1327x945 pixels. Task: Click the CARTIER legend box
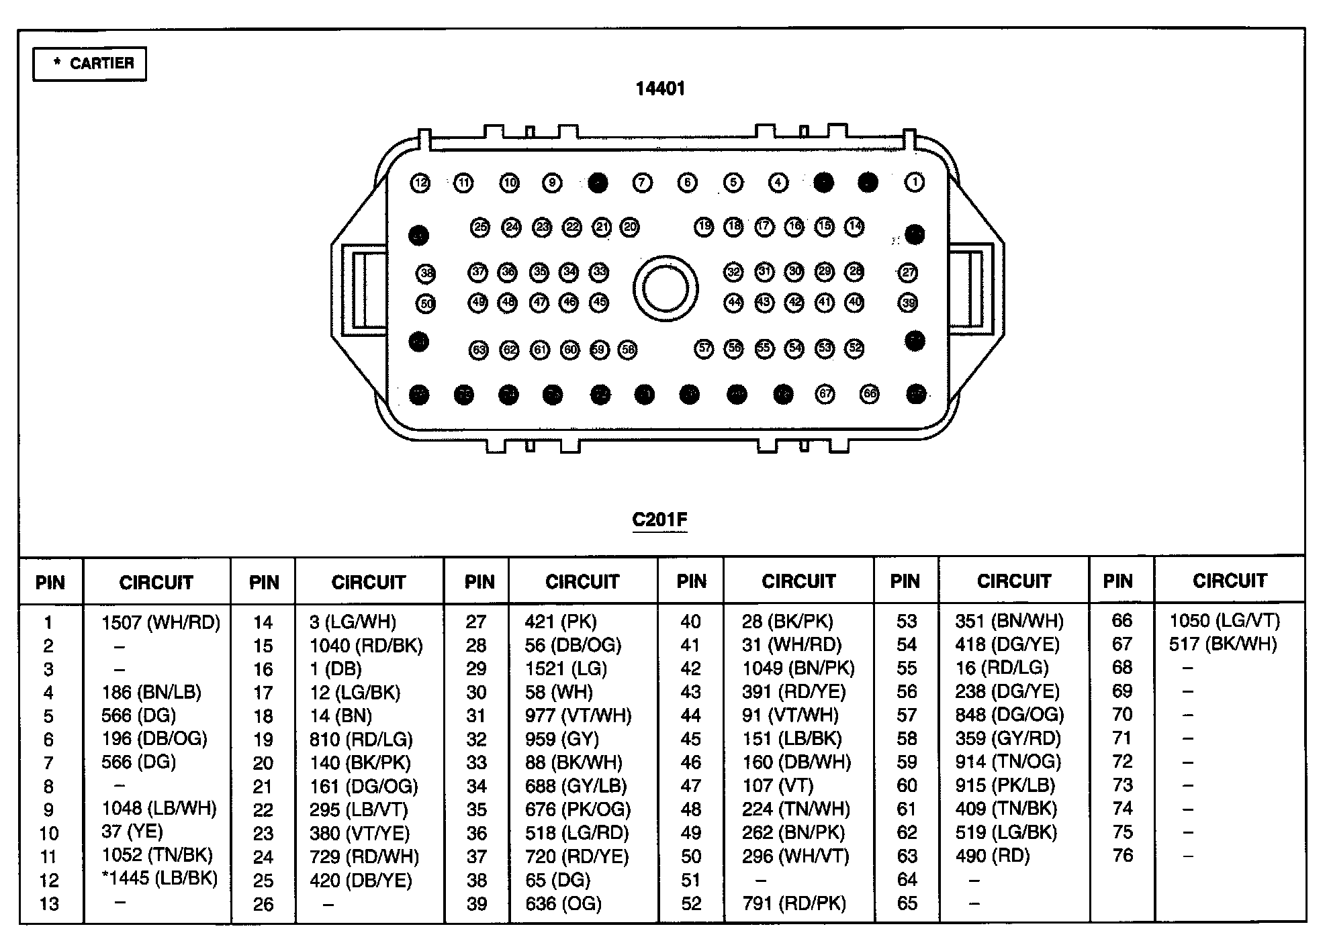point(89,64)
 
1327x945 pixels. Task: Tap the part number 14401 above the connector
point(660,89)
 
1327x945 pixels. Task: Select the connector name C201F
point(659,519)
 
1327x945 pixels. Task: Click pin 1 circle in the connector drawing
point(914,182)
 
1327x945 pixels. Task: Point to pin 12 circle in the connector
point(420,183)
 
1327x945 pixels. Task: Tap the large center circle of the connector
point(665,289)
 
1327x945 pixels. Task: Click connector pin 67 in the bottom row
point(825,394)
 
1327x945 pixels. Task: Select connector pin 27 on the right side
point(907,272)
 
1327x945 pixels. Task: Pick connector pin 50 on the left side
point(426,304)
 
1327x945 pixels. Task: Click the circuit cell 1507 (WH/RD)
point(161,622)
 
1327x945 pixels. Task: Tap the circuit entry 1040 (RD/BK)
point(366,646)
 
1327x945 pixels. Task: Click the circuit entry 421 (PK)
point(561,622)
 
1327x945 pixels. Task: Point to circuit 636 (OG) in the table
point(563,903)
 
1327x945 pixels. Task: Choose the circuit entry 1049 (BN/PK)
point(798,668)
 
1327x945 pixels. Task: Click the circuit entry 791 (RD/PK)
point(794,903)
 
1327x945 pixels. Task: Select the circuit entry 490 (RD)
point(992,856)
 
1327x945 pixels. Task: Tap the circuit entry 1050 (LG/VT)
point(1224,621)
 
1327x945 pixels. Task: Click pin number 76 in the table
point(1122,856)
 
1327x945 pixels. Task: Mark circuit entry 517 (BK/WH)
point(1222,644)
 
